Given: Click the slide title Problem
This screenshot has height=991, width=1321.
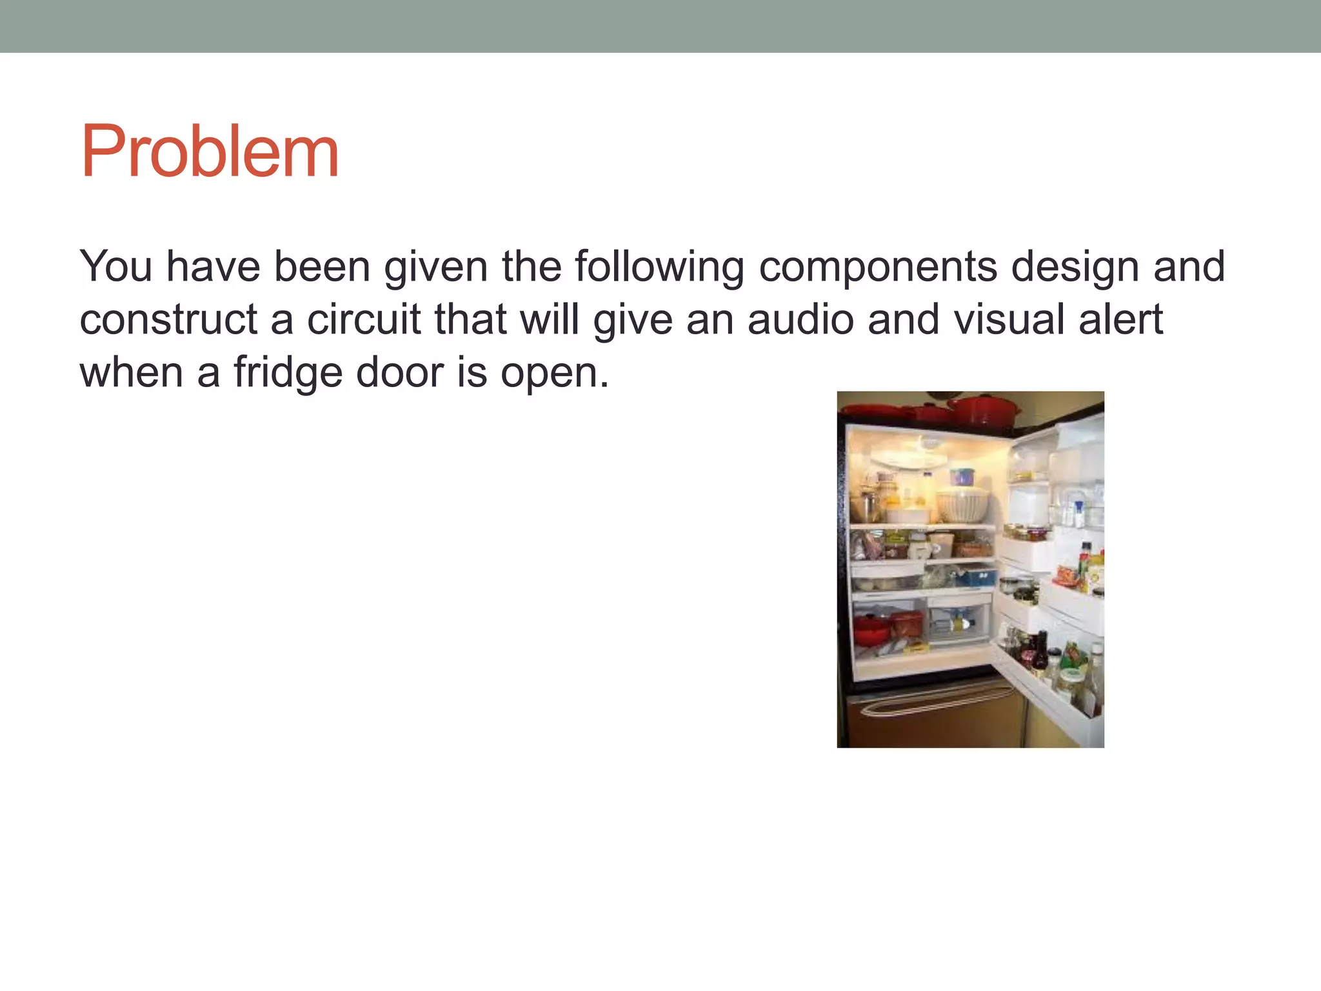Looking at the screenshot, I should coord(210,152).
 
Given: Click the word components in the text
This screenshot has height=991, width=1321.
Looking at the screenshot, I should coord(878,266).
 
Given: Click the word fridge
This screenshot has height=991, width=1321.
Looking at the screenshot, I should coord(288,372).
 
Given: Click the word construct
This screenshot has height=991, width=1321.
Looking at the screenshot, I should coord(168,319).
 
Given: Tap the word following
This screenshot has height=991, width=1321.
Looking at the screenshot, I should coord(659,266).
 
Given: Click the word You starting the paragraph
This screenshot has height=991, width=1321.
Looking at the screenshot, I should coord(116,266).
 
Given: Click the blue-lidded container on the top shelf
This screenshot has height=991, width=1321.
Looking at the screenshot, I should coord(962,476).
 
